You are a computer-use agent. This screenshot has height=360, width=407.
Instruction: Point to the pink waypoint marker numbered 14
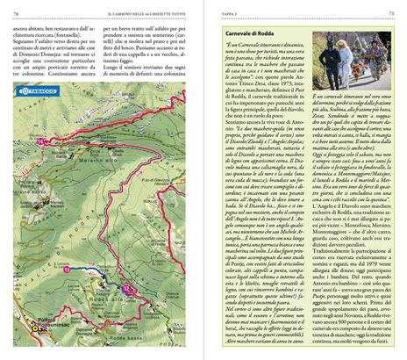[40, 141]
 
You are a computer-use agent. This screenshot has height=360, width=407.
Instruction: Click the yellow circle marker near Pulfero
[36, 328]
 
